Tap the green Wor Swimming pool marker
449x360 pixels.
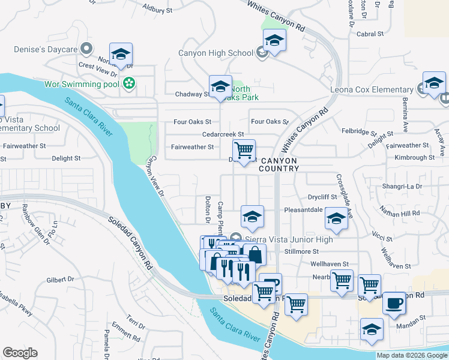[128, 83]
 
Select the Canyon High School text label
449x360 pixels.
[215, 53]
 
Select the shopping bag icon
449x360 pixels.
[255, 254]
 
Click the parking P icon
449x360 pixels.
[270, 284]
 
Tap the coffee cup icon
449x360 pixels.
[394, 303]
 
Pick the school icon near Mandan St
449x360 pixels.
[372, 329]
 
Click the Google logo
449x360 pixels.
[20, 353]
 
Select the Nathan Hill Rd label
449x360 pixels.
[399, 212]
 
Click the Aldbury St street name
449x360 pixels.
[157, 10]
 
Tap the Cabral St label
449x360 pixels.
[369, 34]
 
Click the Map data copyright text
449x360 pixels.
[411, 355]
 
